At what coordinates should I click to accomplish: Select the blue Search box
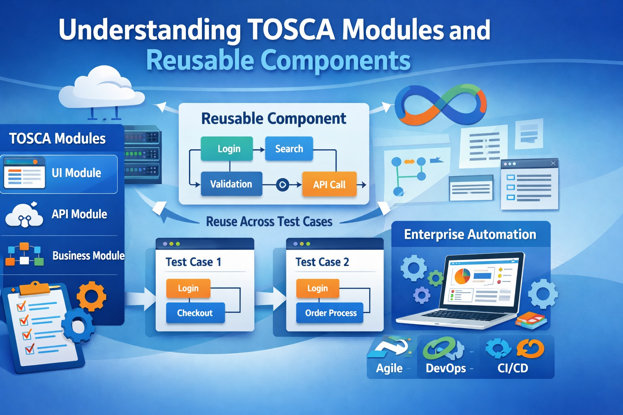point(289,149)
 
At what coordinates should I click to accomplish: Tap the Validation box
point(231,184)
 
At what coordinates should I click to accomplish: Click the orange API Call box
point(329,184)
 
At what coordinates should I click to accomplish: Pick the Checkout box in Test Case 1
point(195,313)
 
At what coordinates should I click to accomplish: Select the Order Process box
point(330,313)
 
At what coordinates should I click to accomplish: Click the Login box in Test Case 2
point(317,288)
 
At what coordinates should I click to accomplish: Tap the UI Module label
point(76,173)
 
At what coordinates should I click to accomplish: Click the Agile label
point(389,368)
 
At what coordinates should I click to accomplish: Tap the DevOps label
point(445,368)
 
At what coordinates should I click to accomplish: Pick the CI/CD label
point(513,368)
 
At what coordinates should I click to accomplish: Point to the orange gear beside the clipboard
point(91,296)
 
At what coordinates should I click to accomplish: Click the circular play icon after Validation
point(282,185)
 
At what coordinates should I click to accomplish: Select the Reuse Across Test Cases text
point(269,222)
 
